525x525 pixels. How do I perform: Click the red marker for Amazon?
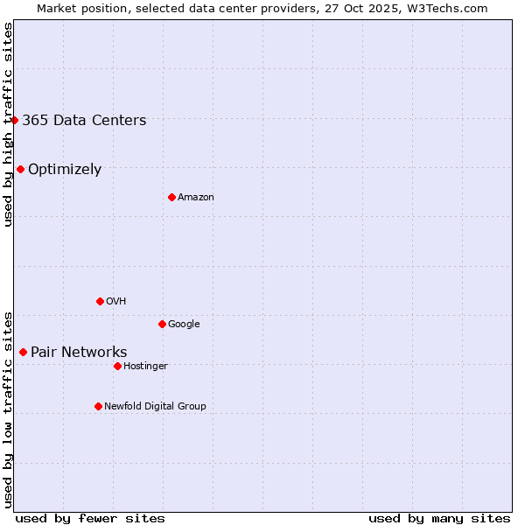pos(171,197)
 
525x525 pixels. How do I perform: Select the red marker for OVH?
pos(100,301)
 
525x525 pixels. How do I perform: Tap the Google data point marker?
pos(162,324)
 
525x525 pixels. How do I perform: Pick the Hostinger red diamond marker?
pos(117,366)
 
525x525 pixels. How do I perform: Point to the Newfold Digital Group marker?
pos(98,406)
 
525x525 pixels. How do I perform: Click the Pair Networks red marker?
pos(23,352)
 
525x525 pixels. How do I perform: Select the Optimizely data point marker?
pos(20,169)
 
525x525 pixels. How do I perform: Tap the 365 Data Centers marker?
pos(15,120)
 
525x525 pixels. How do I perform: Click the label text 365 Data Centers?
pos(84,121)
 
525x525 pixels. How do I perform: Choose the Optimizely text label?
pos(65,170)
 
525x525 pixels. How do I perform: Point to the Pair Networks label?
pos(79,353)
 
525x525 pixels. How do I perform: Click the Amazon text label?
pos(196,198)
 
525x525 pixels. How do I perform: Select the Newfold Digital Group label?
pos(155,406)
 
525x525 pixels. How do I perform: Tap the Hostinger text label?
pos(145,366)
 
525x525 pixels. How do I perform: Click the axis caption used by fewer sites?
pos(90,518)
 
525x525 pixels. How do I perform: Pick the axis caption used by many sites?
pos(439,518)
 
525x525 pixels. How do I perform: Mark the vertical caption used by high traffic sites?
pos(8,124)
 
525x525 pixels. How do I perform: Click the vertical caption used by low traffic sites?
pos(8,409)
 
